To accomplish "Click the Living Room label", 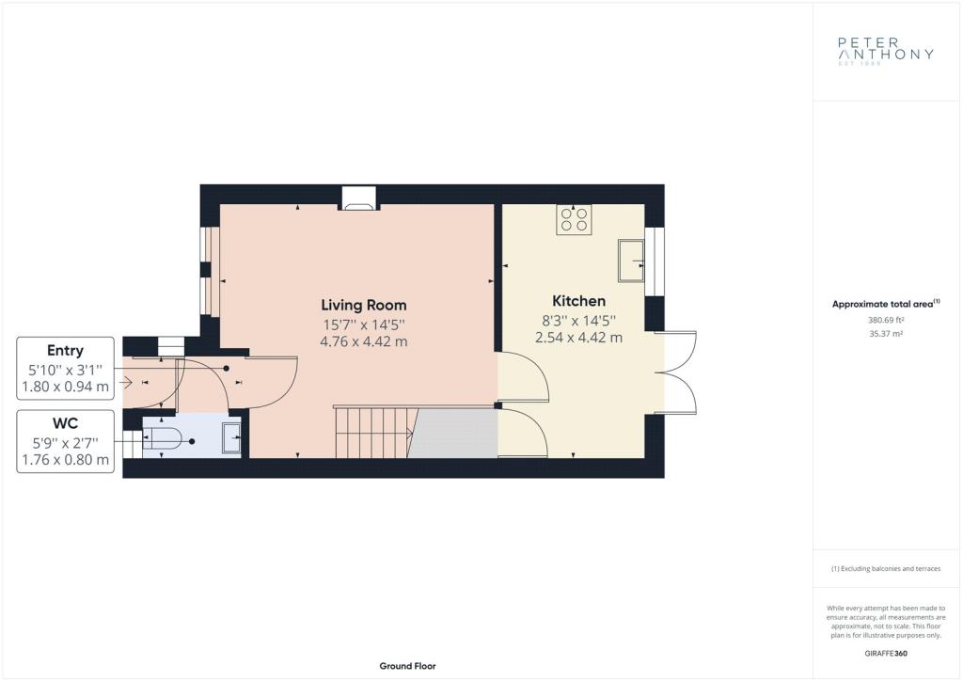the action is (x=364, y=305).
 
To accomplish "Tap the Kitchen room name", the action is (x=578, y=301).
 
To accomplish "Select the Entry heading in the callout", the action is (x=65, y=351).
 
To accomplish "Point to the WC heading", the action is (x=65, y=423).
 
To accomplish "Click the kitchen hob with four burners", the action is (x=575, y=219).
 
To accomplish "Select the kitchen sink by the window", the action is (x=631, y=261).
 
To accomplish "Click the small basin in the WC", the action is (x=231, y=436).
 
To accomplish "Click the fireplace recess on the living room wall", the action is (x=358, y=198).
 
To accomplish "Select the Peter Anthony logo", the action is (x=886, y=51).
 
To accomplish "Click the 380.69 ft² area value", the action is (x=886, y=320).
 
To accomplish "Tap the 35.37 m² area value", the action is (x=886, y=334).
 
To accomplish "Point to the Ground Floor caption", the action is (x=408, y=666).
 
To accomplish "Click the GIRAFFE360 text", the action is (x=886, y=654).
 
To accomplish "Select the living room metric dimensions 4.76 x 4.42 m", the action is (x=364, y=341).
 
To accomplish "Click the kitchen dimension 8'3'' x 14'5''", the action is (x=578, y=321).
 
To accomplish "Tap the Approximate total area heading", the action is (x=886, y=304).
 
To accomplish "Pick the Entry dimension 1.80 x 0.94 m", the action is (x=65, y=387).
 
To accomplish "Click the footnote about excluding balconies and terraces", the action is (x=886, y=569).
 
